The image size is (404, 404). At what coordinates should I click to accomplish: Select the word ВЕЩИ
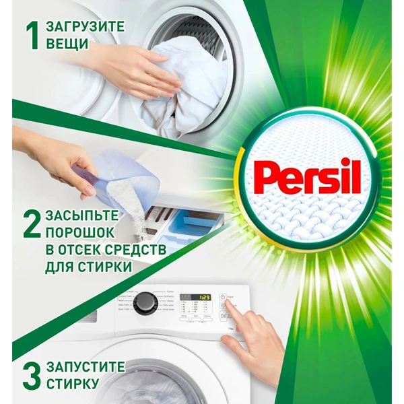[67, 44]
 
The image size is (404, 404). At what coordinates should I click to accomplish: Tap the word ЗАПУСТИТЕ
[86, 367]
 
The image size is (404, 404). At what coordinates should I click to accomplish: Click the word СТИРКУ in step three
[75, 384]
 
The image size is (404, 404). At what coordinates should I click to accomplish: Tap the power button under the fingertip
[222, 297]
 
